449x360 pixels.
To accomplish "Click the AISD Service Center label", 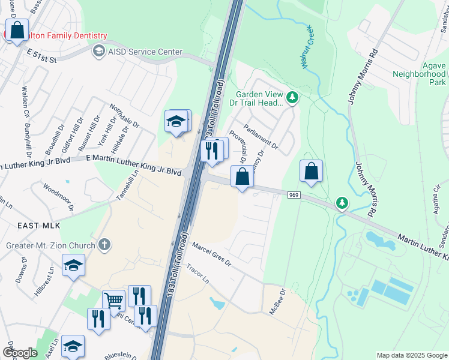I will [145, 52].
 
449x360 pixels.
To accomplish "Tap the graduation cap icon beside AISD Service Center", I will [98, 52].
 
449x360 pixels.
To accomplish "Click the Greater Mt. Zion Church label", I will [50, 245].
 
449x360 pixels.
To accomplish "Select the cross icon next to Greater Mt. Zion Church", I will [104, 245].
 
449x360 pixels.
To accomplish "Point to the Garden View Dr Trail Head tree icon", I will [292, 97].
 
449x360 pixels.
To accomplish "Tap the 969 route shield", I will [294, 194].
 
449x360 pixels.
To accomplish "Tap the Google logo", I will [20, 353].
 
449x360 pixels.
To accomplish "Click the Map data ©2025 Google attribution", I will [411, 355].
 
